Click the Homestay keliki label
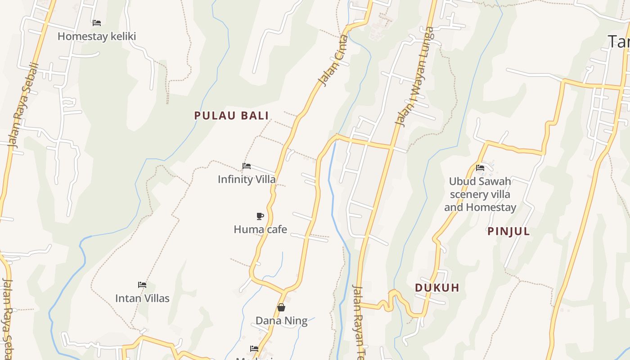pos(96,36)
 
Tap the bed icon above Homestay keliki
pos(96,22)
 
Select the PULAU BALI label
pos(231,116)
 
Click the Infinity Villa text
pos(247,179)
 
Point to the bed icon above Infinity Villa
pos(247,166)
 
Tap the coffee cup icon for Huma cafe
pos(260,216)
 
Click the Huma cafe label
pos(260,229)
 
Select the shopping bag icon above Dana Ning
pos(281,307)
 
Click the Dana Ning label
pos(281,321)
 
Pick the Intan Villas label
pos(142,298)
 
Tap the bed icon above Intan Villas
pos(142,285)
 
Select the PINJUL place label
pos(508,232)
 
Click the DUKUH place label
pos(437,288)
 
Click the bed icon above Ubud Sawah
pos(480,168)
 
